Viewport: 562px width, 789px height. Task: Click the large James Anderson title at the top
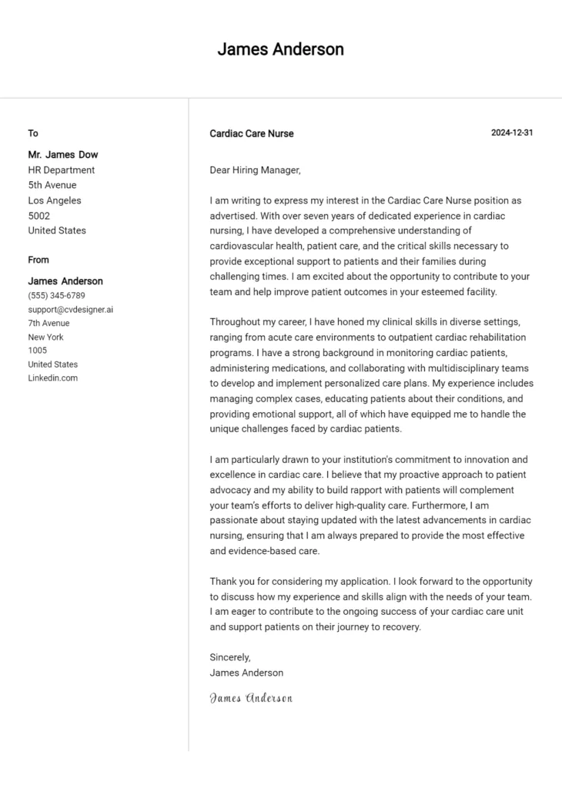coord(280,49)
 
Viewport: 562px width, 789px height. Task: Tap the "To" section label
coord(33,133)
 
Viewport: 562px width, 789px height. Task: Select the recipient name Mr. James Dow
coord(63,155)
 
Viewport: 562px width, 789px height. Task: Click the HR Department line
coord(62,170)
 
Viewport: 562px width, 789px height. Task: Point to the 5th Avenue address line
coord(52,185)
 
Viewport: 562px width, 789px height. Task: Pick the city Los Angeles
coord(55,200)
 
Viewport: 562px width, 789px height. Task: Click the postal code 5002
coord(39,216)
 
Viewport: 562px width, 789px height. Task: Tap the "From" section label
coord(38,260)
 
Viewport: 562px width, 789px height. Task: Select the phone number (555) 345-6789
coord(56,295)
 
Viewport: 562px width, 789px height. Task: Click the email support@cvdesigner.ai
coord(71,309)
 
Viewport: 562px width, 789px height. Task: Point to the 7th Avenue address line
coord(49,323)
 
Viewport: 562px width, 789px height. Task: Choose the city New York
coord(46,337)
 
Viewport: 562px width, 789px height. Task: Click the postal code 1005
coord(38,351)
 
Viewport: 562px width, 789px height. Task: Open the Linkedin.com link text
coord(53,378)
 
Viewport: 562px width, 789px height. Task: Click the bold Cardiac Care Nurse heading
coord(252,133)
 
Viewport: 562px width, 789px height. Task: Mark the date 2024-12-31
coord(512,133)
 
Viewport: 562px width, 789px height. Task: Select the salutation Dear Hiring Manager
coord(255,170)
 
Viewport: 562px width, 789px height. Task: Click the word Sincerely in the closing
coord(230,657)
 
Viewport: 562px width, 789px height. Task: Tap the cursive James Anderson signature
coord(251,698)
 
